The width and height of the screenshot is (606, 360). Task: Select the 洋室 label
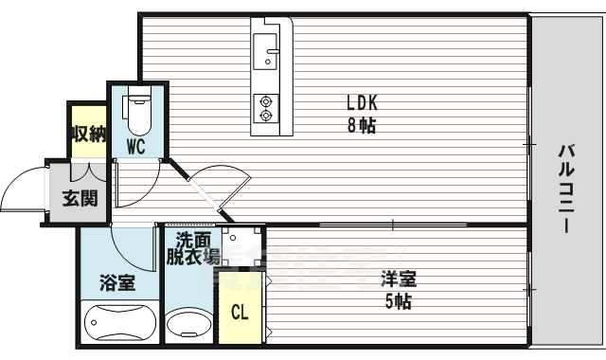point(397,280)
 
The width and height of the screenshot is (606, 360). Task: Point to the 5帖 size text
point(397,302)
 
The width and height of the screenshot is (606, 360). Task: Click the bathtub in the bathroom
point(118,325)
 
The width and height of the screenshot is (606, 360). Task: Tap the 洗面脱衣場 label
point(193,248)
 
